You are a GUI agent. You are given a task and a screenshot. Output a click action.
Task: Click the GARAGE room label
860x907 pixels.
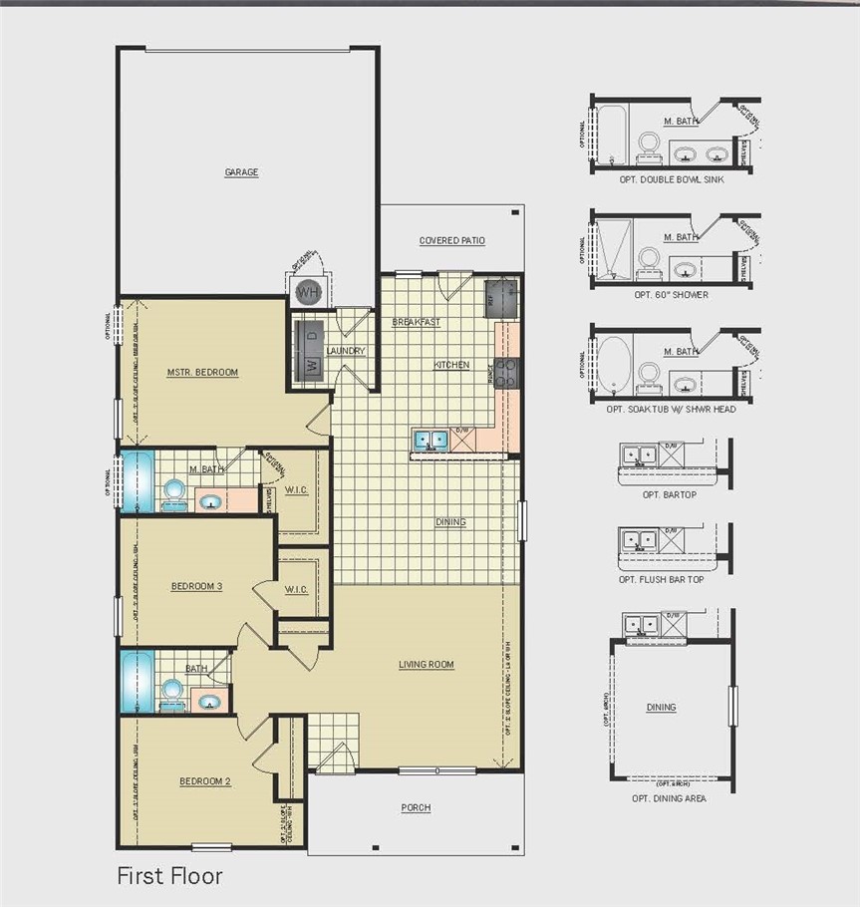coord(241,172)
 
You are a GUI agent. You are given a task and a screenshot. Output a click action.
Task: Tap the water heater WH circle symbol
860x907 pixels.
coord(308,293)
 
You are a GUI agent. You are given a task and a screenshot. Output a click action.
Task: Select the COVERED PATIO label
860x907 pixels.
coord(451,240)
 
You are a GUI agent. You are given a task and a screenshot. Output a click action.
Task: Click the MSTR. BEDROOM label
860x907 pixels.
coord(202,373)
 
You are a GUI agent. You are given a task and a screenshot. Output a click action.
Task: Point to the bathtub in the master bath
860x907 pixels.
coord(135,482)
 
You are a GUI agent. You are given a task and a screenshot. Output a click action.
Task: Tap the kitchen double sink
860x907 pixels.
coord(431,439)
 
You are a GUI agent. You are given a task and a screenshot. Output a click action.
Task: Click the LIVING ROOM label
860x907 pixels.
coord(427,665)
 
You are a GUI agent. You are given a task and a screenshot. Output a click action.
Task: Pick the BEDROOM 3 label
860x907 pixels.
coord(196,587)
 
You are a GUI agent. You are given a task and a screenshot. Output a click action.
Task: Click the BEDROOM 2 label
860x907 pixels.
coord(205,781)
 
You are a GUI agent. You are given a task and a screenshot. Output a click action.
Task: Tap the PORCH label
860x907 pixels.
coord(416,807)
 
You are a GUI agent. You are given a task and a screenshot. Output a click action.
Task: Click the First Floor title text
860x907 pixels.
coord(169,876)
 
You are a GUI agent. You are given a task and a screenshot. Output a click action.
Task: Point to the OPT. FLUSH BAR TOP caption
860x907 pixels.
coord(661,579)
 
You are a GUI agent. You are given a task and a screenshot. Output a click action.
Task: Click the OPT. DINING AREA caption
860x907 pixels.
coord(669,799)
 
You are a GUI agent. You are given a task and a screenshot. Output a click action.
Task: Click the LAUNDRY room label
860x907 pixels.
coord(346,351)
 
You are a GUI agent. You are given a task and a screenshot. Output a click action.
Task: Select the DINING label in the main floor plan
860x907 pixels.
coord(450,522)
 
